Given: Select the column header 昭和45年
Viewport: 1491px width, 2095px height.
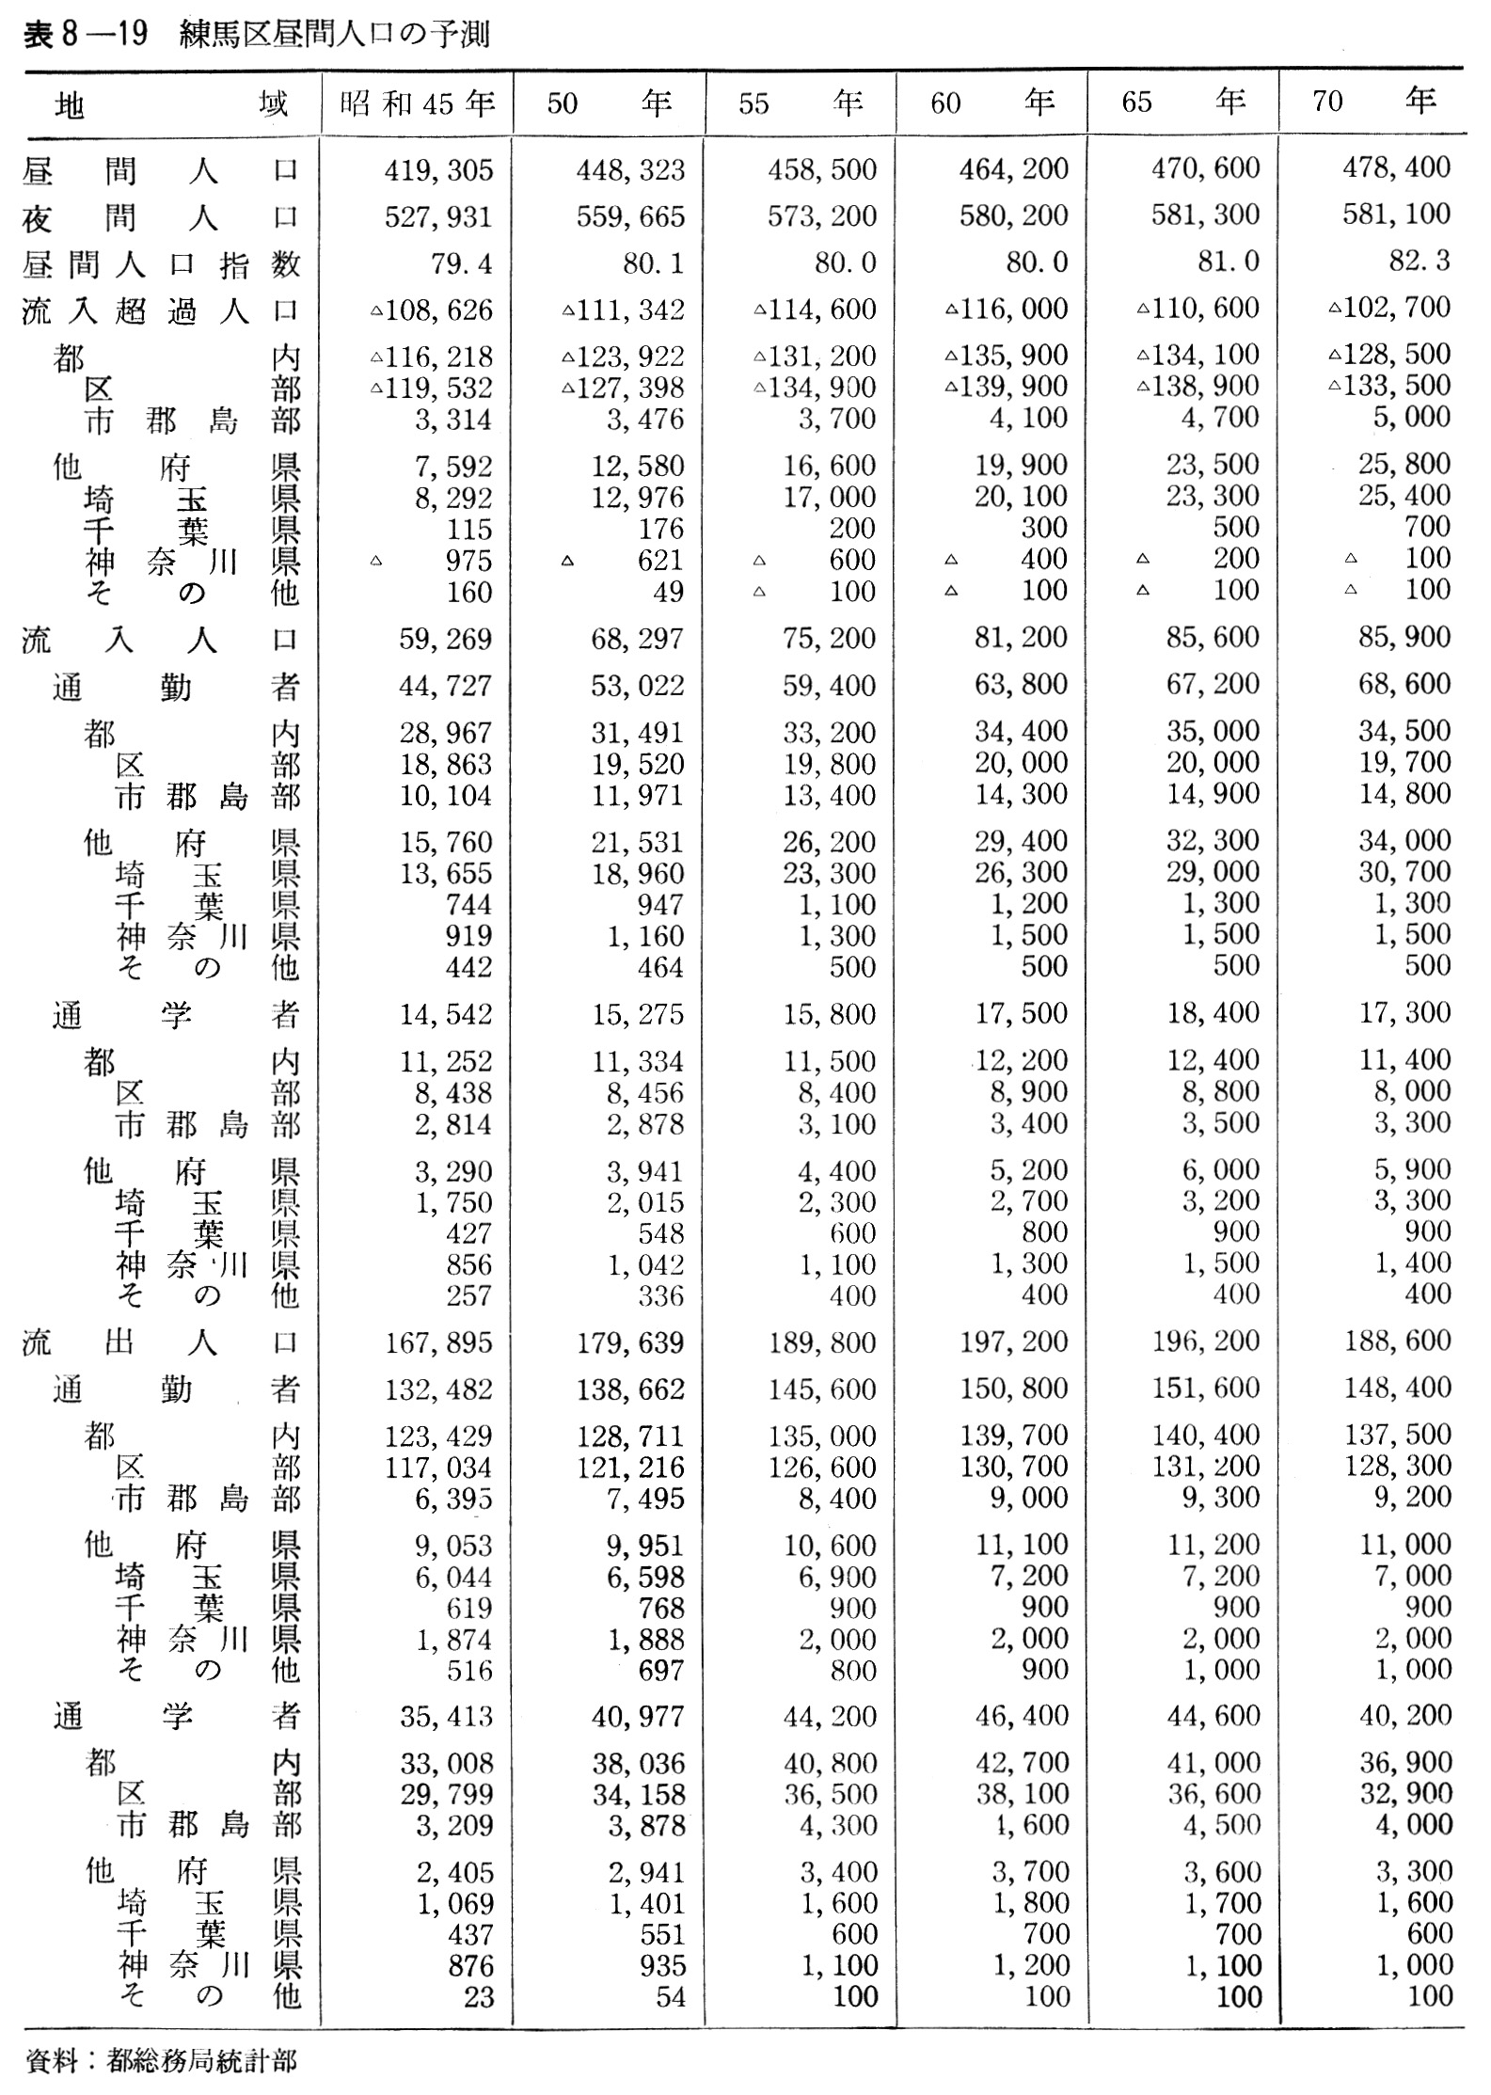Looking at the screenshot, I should click(x=417, y=103).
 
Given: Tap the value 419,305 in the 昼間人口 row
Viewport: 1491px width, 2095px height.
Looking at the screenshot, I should click(x=438, y=169).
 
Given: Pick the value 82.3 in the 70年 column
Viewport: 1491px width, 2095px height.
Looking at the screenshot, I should click(x=1420, y=260).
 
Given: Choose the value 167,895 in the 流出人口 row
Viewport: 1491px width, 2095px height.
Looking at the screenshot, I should click(x=438, y=1342).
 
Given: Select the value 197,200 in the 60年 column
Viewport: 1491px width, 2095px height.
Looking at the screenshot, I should click(x=1013, y=1342).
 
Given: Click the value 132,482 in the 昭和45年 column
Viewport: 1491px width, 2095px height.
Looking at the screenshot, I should click(x=438, y=1389).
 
